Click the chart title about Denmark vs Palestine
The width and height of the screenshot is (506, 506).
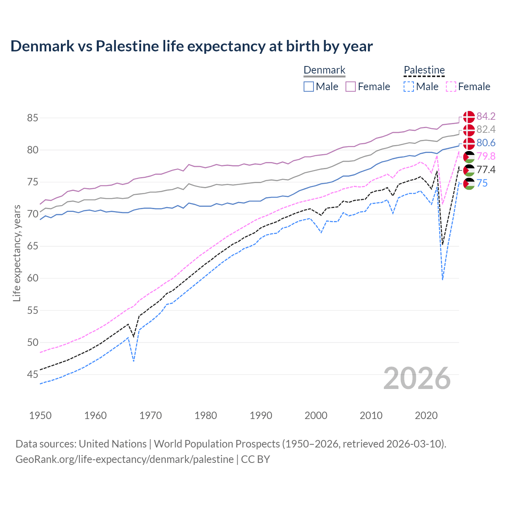coord(191,46)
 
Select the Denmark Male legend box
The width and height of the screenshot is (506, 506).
coord(309,87)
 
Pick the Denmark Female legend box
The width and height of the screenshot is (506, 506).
coord(351,87)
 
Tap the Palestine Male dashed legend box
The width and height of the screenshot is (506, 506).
coord(409,87)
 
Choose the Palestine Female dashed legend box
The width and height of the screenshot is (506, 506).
coord(451,87)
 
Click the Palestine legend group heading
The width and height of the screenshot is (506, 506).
coord(424,70)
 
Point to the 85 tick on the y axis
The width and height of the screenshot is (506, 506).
coord(33,118)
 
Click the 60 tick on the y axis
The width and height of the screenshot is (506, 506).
coord(33,278)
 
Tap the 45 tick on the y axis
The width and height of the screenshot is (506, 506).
coord(33,374)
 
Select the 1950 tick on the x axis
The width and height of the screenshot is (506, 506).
coord(40,415)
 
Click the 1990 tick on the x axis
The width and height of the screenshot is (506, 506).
coord(261,415)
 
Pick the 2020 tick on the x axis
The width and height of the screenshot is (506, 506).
coord(426,415)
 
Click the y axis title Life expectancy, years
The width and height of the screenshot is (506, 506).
coord(17,253)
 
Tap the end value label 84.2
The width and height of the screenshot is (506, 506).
coord(486,116)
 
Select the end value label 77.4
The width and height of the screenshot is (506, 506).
coord(486,170)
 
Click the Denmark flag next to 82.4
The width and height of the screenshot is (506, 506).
coord(469,130)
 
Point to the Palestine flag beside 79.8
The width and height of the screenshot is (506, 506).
coord(469,157)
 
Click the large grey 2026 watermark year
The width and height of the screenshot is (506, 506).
coord(417,378)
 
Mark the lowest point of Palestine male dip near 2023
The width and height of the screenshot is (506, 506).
coord(442,280)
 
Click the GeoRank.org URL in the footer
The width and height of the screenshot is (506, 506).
coord(125,459)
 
